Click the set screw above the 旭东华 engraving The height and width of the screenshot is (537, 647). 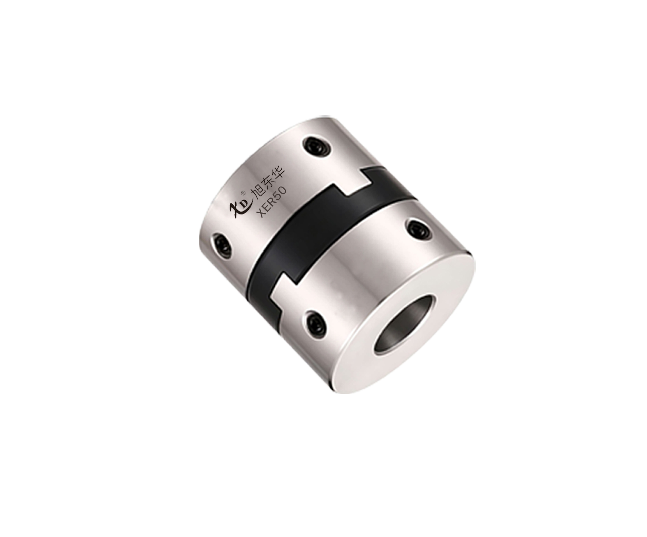coord(316,147)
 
